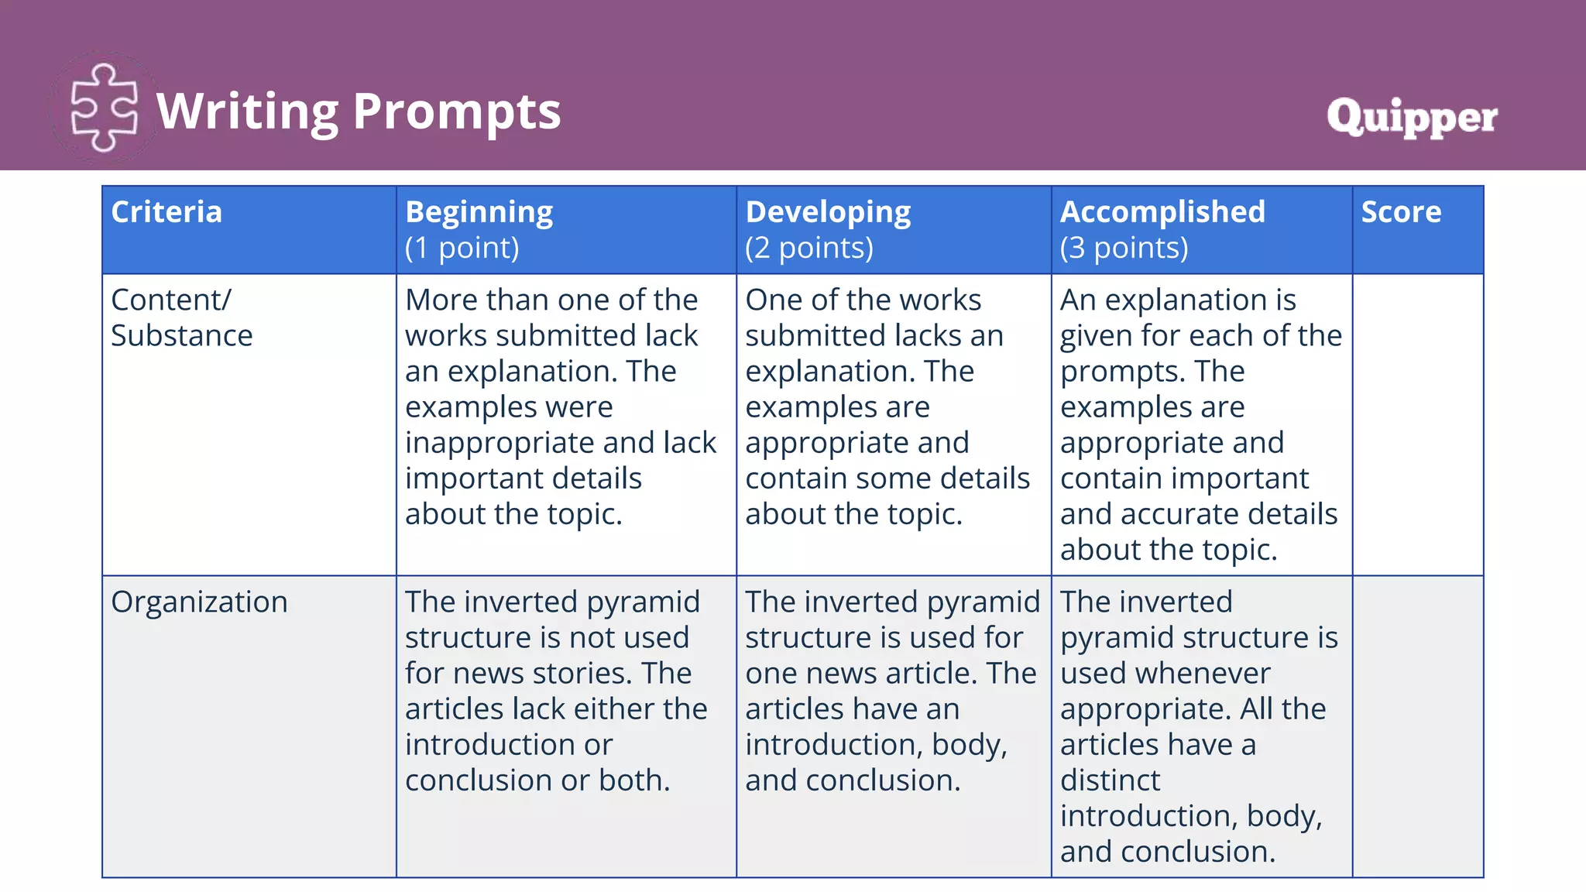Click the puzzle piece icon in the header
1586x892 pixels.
(x=104, y=108)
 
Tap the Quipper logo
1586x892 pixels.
(x=1411, y=118)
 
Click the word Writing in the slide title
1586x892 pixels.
(x=247, y=111)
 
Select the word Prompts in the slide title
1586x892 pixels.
(x=457, y=111)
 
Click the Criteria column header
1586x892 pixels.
(x=166, y=212)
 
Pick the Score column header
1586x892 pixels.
(x=1401, y=212)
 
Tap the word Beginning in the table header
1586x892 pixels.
(x=479, y=212)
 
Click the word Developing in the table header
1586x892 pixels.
(x=828, y=212)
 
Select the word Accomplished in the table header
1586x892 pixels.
(x=1162, y=212)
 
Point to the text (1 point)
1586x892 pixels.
(x=462, y=248)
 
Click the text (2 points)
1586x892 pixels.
(x=809, y=248)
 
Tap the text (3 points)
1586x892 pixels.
(x=1124, y=248)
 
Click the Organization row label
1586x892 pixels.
(x=199, y=602)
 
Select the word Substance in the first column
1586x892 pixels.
(x=181, y=336)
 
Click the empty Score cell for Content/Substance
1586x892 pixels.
(x=1417, y=424)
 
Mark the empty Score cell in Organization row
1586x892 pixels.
(x=1417, y=726)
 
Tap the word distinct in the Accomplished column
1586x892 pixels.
(x=1110, y=780)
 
